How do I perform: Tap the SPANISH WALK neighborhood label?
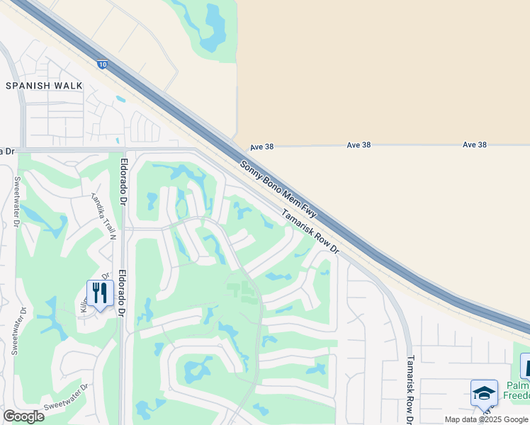[44, 86]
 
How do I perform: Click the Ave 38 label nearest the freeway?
[261, 147]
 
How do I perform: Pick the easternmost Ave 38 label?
[474, 144]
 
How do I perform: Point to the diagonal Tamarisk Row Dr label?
[311, 232]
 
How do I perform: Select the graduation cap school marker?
[484, 393]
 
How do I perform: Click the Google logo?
[23, 416]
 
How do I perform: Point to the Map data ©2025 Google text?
[486, 419]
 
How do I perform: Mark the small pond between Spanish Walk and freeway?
[121, 99]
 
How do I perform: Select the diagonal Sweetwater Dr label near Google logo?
[64, 397]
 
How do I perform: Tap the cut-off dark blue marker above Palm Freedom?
[525, 365]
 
